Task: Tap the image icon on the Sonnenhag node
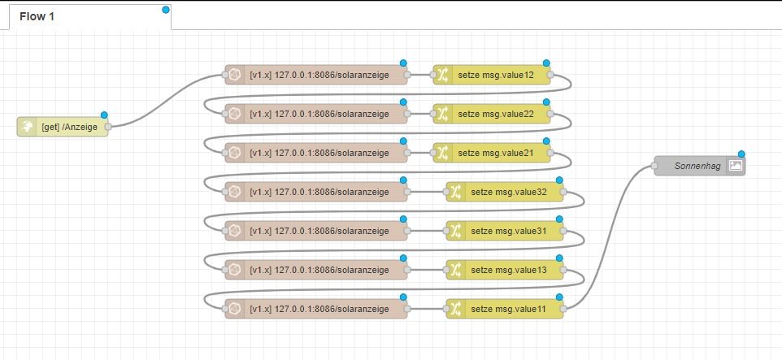coord(736,166)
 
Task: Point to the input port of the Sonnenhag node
coord(654,166)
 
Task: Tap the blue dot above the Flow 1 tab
coord(166,9)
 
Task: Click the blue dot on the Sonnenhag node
coord(741,154)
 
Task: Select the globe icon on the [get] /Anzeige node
coord(26,126)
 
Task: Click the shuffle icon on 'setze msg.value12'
coord(443,76)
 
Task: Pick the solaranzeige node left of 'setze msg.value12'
coord(317,76)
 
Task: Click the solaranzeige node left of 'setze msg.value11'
coord(317,308)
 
